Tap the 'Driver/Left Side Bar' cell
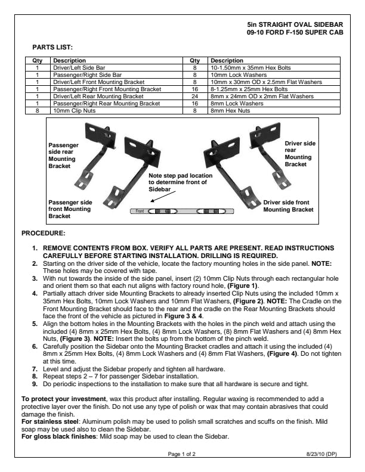(79, 68)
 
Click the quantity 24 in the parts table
(194, 96)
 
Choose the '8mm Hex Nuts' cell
(230, 110)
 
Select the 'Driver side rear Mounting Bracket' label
(300, 154)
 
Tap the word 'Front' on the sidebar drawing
(139, 211)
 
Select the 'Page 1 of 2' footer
(182, 454)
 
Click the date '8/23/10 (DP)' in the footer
(320, 454)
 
